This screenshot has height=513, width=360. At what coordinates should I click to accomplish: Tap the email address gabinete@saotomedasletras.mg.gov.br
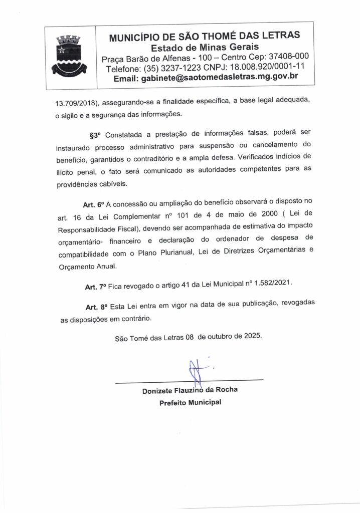pos(206,77)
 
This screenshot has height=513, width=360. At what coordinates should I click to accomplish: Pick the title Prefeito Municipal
pos(190,402)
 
